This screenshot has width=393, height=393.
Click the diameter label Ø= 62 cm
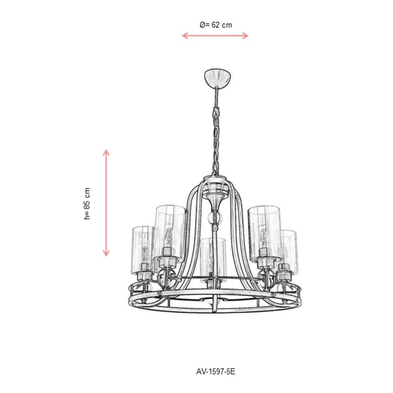pyautogui.click(x=216, y=25)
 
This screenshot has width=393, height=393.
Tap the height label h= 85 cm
pyautogui.click(x=87, y=203)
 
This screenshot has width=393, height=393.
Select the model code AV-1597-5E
pyautogui.click(x=215, y=372)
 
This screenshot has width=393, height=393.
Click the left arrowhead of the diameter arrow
pyautogui.click(x=185, y=36)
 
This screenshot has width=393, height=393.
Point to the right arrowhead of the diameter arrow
pyautogui.click(x=245, y=36)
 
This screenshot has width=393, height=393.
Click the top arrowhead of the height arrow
pyautogui.click(x=106, y=152)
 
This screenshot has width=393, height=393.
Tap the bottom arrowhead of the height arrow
pyautogui.click(x=106, y=253)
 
